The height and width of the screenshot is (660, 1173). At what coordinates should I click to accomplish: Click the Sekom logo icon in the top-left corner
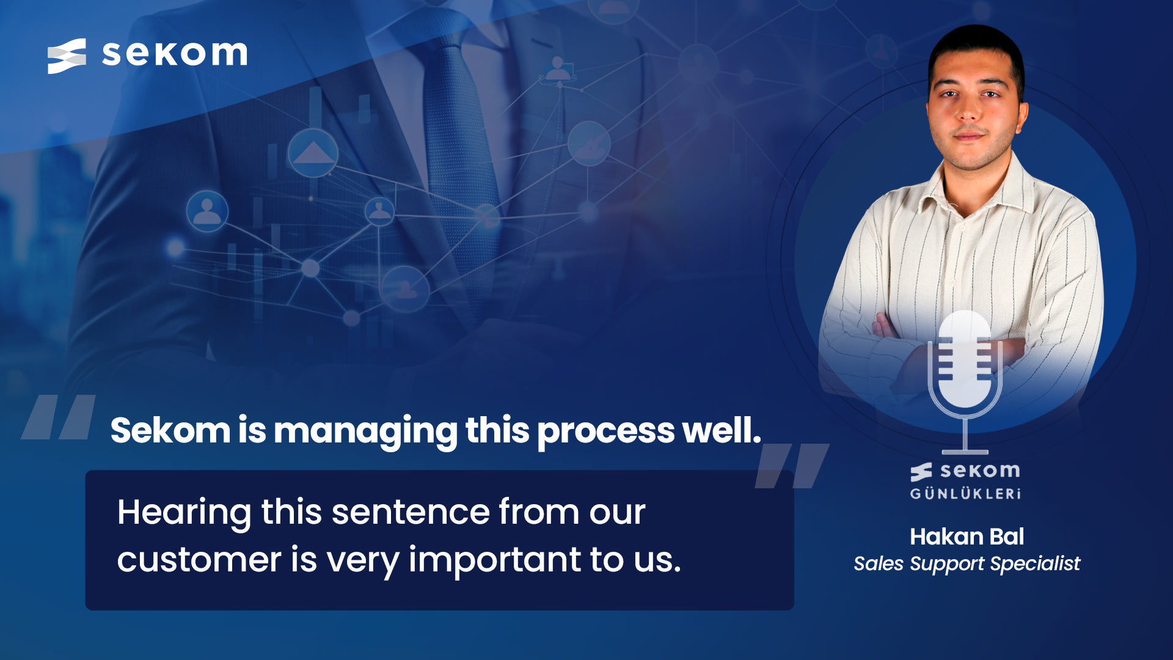[67, 56]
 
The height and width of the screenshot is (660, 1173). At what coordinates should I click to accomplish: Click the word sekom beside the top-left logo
[175, 54]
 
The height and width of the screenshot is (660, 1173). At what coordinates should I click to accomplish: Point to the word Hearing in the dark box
[184, 512]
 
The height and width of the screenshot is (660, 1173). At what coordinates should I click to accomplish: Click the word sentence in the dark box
[411, 512]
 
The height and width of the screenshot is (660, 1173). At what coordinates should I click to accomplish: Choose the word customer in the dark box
[199, 560]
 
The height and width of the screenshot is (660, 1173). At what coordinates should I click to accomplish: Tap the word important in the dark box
[495, 560]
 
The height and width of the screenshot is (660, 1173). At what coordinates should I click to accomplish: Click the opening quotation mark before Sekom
[59, 417]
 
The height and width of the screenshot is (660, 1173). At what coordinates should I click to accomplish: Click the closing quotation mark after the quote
[792, 466]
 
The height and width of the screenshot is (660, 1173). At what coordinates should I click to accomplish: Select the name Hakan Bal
[967, 537]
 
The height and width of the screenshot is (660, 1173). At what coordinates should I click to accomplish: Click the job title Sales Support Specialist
[967, 563]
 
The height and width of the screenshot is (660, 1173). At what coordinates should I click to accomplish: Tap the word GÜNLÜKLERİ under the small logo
[965, 494]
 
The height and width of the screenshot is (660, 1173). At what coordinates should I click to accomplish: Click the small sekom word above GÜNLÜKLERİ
[980, 471]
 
